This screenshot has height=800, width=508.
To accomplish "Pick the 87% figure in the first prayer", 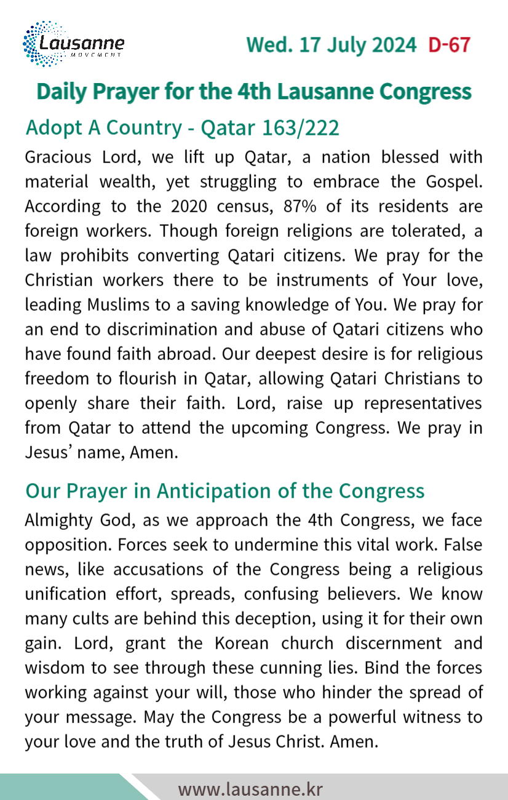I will point(300,206).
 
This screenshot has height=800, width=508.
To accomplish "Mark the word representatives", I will point(423,403).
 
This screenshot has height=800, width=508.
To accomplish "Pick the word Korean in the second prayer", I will point(242,643).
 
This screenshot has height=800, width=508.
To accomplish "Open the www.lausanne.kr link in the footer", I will point(250,789).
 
